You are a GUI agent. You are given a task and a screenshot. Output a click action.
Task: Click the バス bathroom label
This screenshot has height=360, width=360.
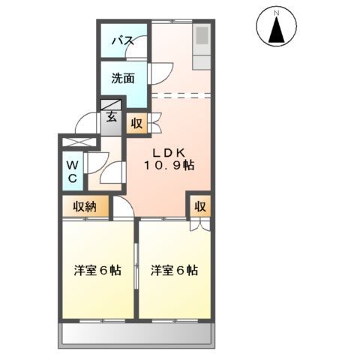point(123,41)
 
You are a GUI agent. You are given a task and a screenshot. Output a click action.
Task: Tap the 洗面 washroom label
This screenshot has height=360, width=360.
point(124,77)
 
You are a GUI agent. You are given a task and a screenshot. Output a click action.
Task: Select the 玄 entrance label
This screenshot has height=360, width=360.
point(111,116)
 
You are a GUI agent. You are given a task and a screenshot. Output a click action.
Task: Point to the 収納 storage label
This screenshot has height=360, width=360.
point(85,206)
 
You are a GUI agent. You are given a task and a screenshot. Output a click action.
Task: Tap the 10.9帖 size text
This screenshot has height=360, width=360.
point(170,165)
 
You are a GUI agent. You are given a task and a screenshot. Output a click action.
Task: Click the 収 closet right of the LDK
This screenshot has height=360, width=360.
point(200,207)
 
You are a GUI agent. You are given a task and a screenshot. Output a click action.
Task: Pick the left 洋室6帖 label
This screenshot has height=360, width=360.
point(97,269)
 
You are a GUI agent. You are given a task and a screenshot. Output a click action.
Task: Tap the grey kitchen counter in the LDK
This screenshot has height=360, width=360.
point(202,41)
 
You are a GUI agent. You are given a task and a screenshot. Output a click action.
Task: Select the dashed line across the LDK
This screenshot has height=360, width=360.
point(181,95)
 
